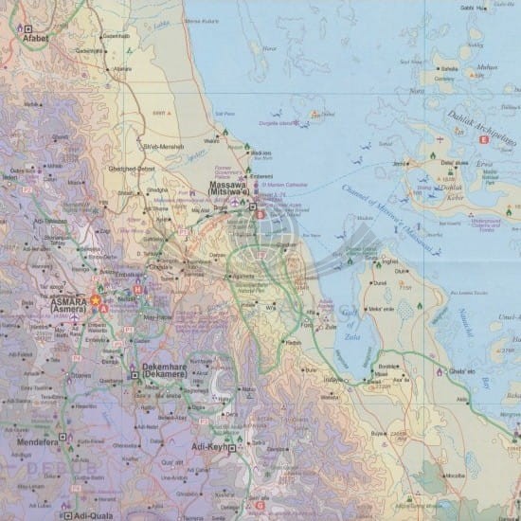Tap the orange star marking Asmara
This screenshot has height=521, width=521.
coord(95,300)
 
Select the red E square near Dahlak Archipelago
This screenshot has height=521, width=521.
coord(483,140)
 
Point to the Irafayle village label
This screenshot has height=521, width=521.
coord(333,380)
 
